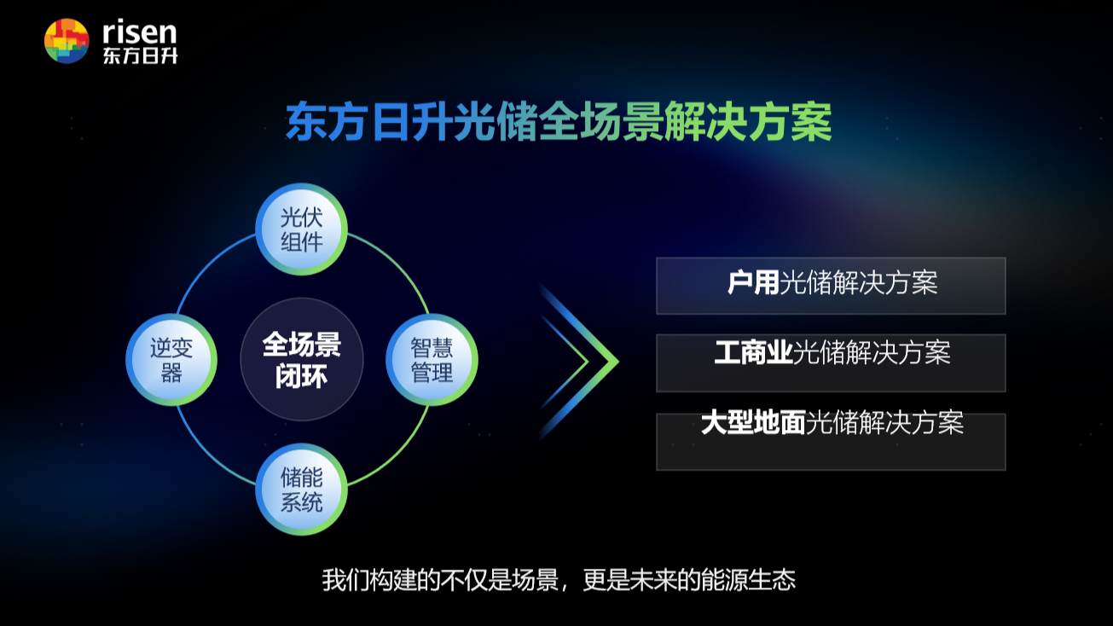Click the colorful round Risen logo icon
pyautogui.click(x=67, y=41)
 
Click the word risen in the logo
pyautogui.click(x=140, y=32)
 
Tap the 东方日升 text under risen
pyautogui.click(x=140, y=55)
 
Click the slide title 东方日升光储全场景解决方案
pyautogui.click(x=559, y=122)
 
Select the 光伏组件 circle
pyautogui.click(x=301, y=229)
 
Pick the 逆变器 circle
pyautogui.click(x=171, y=360)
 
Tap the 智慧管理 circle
pyautogui.click(x=432, y=360)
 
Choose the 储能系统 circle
pyautogui.click(x=301, y=490)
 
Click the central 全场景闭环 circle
pyautogui.click(x=302, y=359)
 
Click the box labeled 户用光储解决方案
pyautogui.click(x=831, y=286)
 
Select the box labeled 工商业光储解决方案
pyautogui.click(x=831, y=363)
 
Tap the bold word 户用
pyautogui.click(x=753, y=282)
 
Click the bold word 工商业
pyautogui.click(x=753, y=353)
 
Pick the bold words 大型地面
pyautogui.click(x=753, y=423)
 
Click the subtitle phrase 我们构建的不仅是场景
pyautogui.click(x=440, y=580)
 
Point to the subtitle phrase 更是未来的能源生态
pyautogui.click(x=688, y=580)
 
